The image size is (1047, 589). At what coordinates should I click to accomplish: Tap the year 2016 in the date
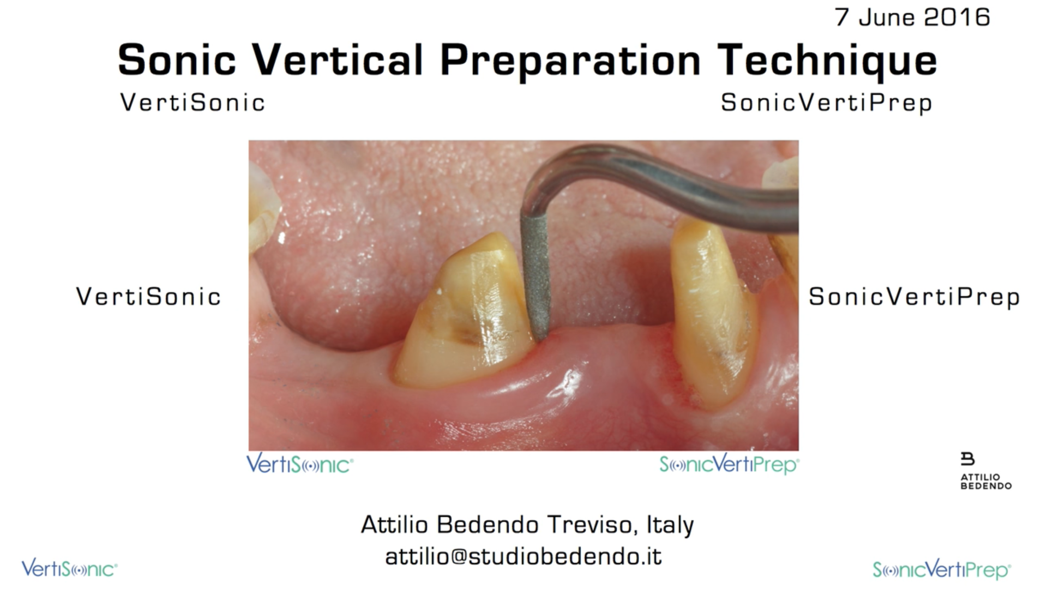957,17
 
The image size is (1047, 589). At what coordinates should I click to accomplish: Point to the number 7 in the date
842,17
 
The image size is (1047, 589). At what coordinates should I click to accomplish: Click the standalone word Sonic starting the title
177,59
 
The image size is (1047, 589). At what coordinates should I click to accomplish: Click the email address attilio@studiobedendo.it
523,556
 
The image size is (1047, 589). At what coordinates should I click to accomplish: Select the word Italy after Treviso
670,525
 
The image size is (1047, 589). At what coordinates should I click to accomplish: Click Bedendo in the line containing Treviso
488,525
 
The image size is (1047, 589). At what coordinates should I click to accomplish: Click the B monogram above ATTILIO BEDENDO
967,459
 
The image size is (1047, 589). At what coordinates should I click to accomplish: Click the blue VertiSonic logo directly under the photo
299,464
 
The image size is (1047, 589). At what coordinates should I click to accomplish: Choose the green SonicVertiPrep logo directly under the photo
729,465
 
